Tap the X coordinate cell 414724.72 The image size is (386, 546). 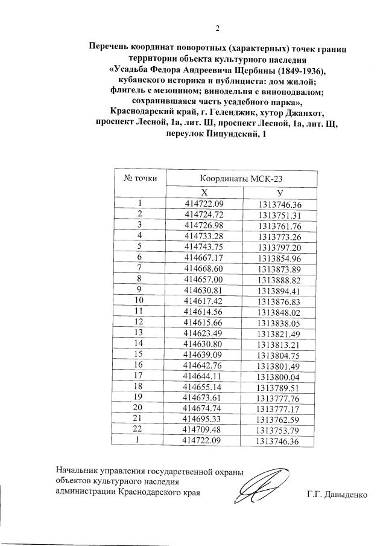(204, 214)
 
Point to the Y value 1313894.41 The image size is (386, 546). (279, 291)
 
